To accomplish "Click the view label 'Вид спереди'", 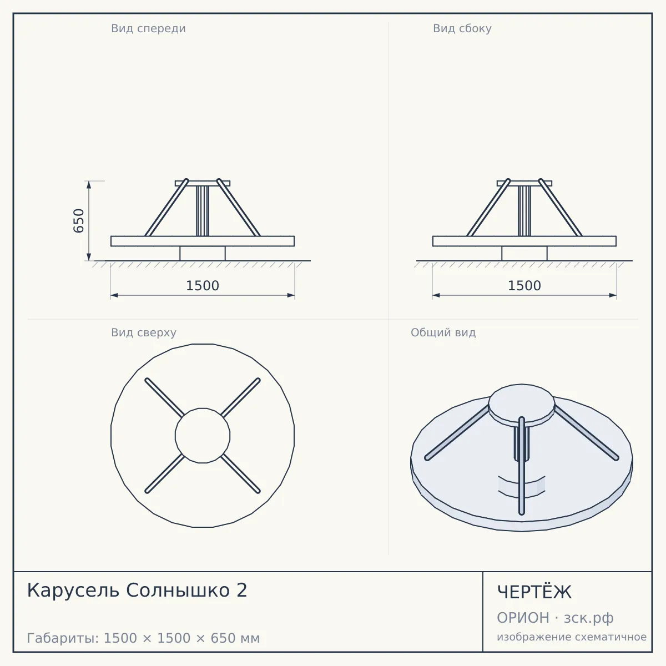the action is point(148,28).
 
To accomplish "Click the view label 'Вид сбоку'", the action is point(462,28).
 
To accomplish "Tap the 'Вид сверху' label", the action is point(144,332).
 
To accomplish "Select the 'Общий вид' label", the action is point(443,332).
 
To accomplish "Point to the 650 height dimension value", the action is point(79,221).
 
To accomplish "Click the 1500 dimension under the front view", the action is point(203,286).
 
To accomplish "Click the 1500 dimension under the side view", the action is point(524,286).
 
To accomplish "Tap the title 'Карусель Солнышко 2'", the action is point(137,590).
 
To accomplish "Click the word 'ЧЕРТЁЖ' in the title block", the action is point(534,592).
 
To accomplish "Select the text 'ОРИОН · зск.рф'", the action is point(555,618).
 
